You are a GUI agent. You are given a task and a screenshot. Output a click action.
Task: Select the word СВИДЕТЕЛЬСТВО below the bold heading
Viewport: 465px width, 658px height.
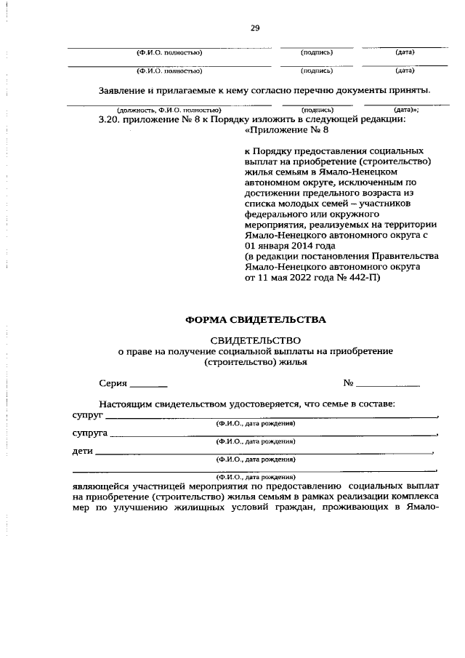click(255, 340)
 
